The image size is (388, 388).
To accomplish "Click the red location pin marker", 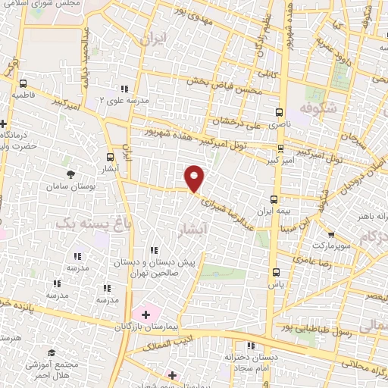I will (195, 177).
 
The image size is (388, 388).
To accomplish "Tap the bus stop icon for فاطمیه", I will (23, 84).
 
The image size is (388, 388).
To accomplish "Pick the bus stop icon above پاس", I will (275, 274).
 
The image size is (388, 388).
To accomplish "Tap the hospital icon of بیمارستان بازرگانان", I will (145, 313).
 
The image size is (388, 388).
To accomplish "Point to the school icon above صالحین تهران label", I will (154, 250).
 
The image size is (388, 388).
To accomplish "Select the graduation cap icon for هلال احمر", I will (52, 353).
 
